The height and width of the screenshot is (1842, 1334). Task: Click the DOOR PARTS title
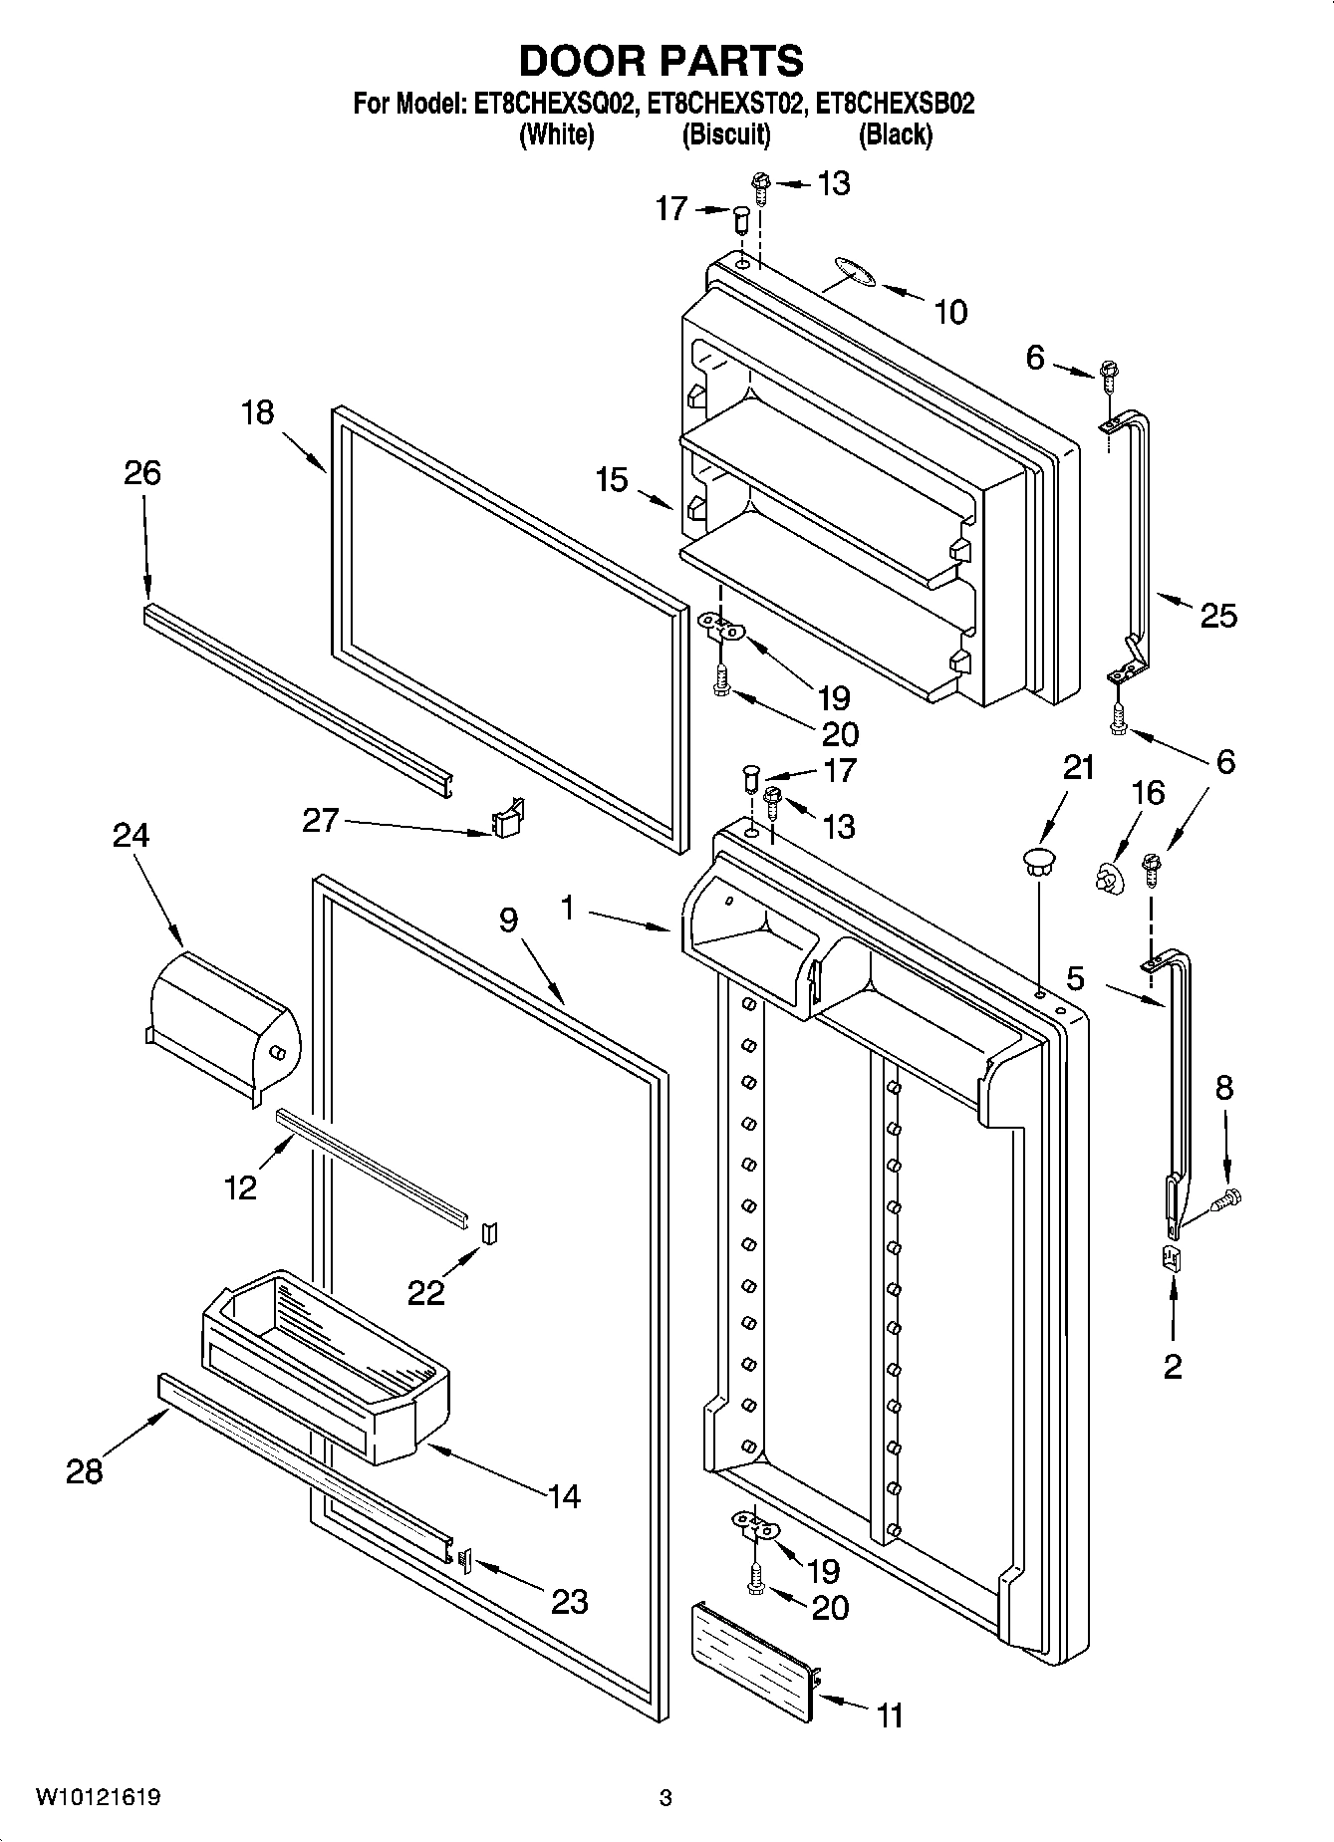[x=662, y=61]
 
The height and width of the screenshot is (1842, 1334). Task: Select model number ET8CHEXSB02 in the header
[x=895, y=104]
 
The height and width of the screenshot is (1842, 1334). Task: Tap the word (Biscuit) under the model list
[x=725, y=135]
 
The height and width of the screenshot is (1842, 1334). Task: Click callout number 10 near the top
[x=949, y=313]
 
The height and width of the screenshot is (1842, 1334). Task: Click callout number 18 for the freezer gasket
[x=257, y=412]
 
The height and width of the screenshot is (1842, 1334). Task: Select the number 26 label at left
[x=141, y=472]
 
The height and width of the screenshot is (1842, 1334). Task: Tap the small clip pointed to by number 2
[x=1172, y=1258]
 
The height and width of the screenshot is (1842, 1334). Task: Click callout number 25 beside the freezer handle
[x=1217, y=616]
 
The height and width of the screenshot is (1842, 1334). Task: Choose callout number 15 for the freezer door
[x=612, y=480]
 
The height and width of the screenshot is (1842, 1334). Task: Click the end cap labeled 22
[x=489, y=1233]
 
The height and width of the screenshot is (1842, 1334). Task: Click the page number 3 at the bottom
[x=666, y=1798]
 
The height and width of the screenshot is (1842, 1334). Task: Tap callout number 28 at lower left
[x=84, y=1470]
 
